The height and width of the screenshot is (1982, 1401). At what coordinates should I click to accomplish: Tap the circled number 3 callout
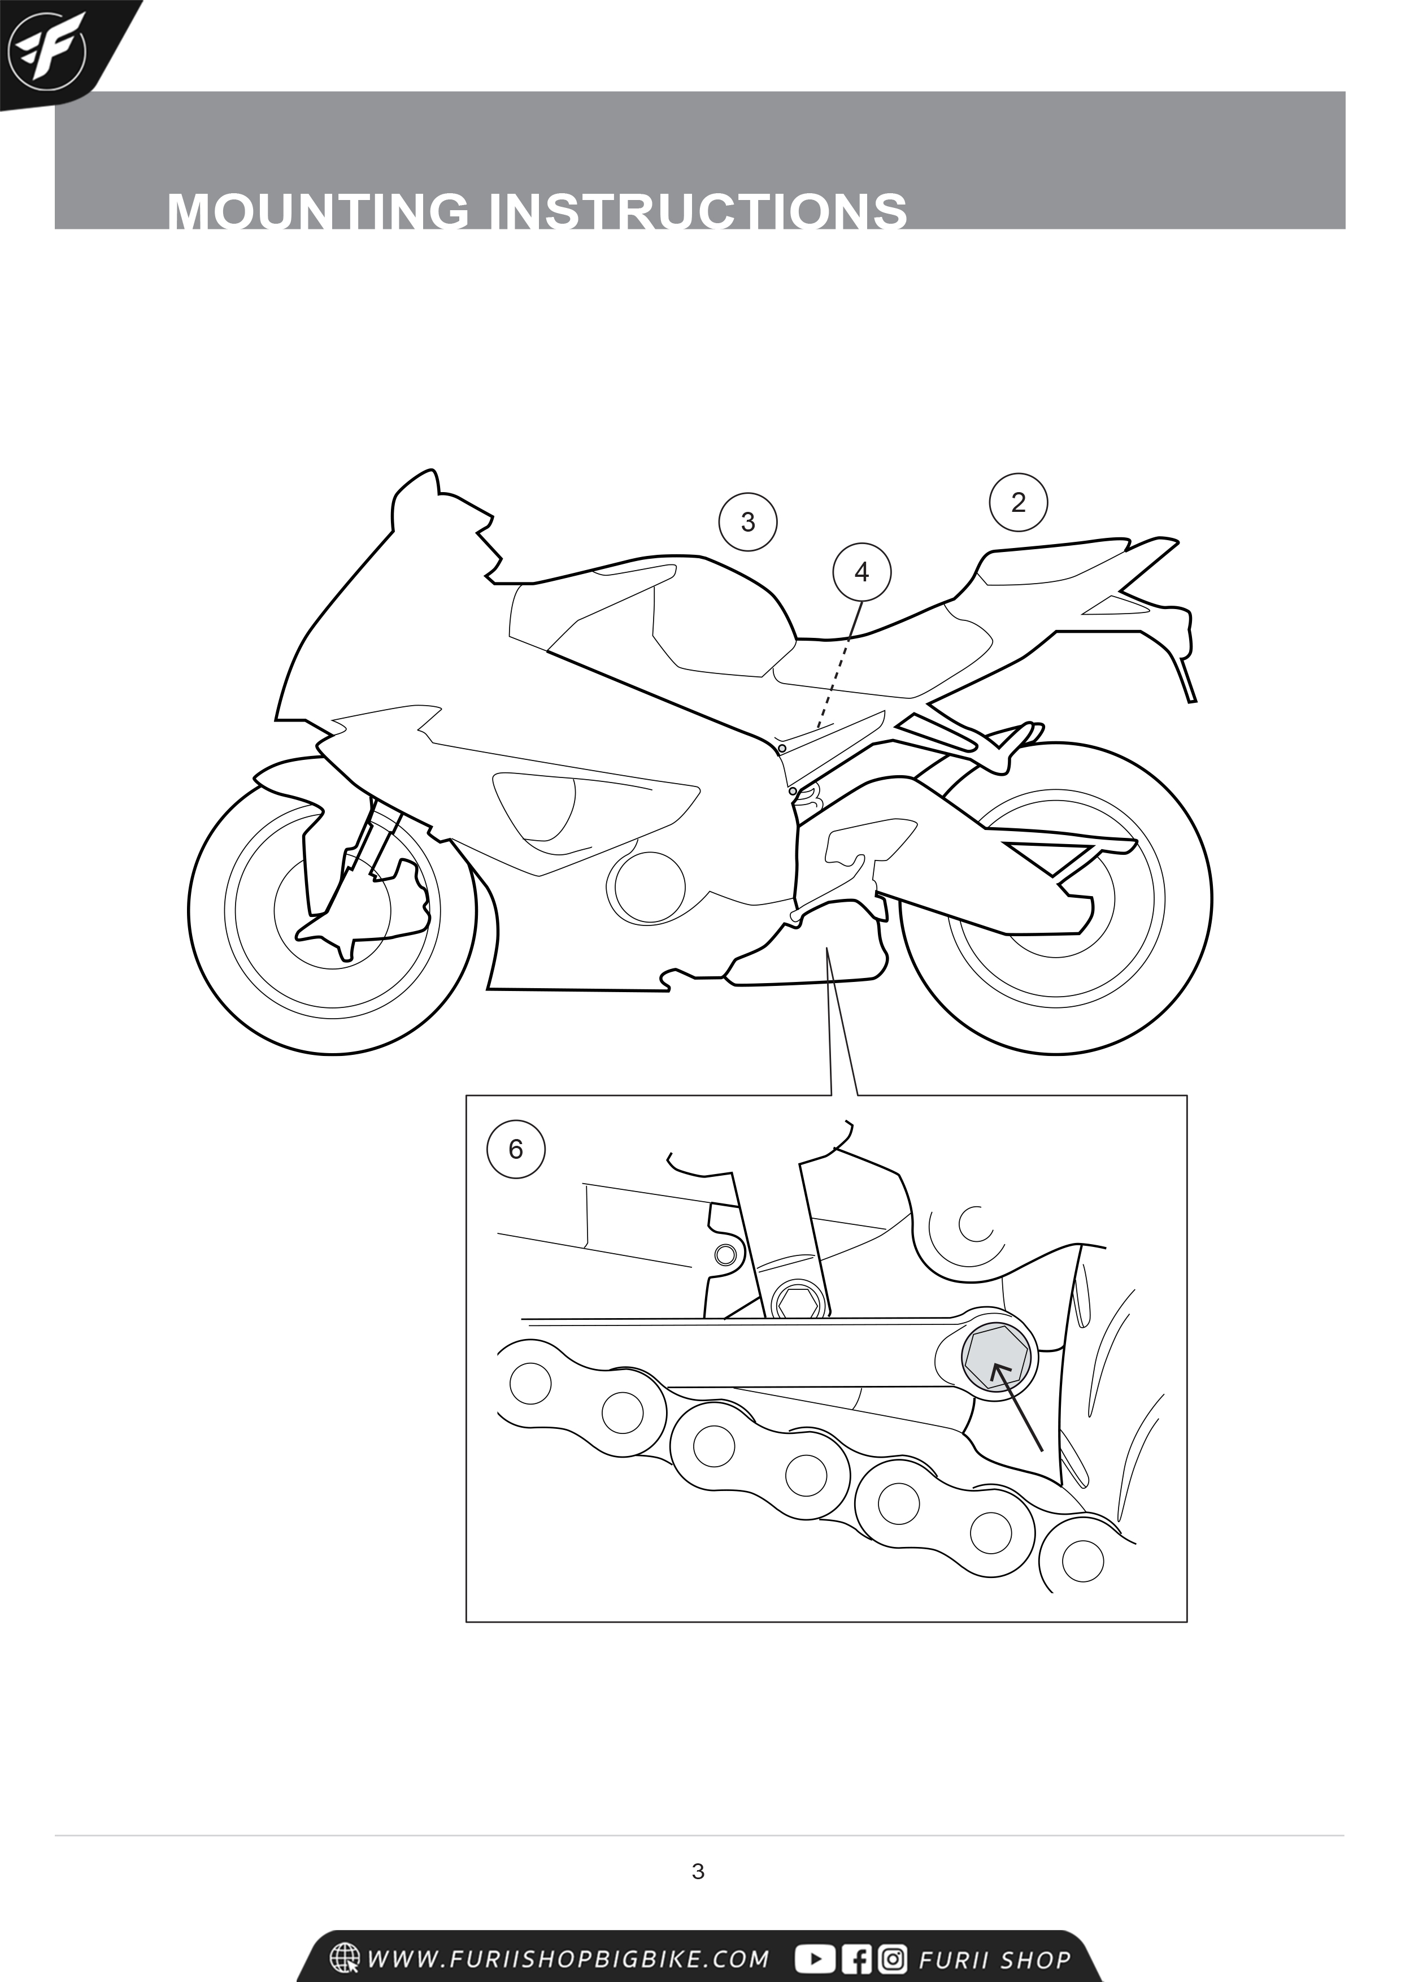(749, 521)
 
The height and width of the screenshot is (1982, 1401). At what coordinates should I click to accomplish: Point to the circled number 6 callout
(516, 1149)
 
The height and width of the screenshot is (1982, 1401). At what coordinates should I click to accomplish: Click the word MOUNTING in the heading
(319, 211)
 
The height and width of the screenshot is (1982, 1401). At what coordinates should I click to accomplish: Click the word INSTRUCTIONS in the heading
(699, 211)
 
